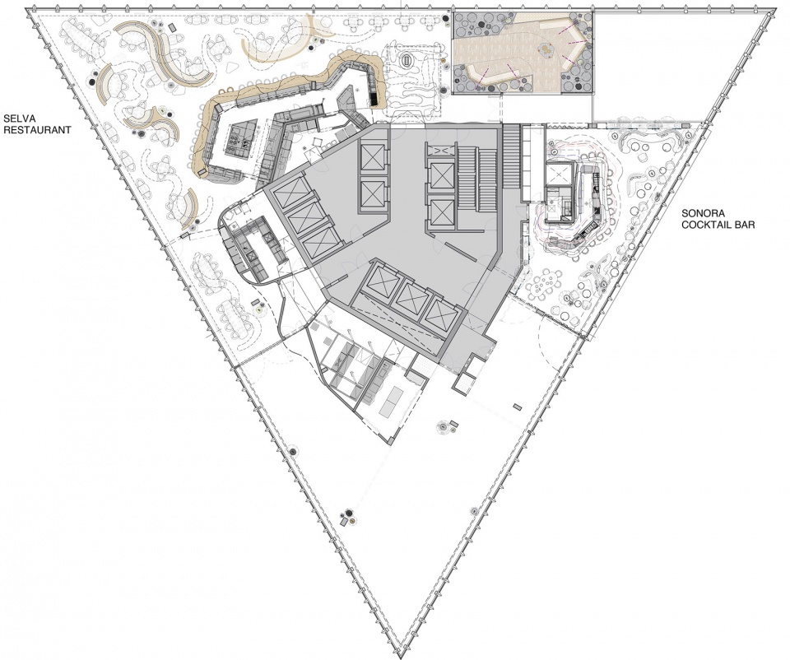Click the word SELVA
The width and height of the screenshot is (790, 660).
(x=16, y=119)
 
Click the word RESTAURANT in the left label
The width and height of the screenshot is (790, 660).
(x=36, y=130)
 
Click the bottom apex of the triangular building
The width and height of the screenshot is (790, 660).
(x=394, y=652)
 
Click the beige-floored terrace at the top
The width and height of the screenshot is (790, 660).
(x=523, y=53)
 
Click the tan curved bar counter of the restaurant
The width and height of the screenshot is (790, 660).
(x=282, y=100)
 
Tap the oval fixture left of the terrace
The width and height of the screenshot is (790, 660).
(x=406, y=60)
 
